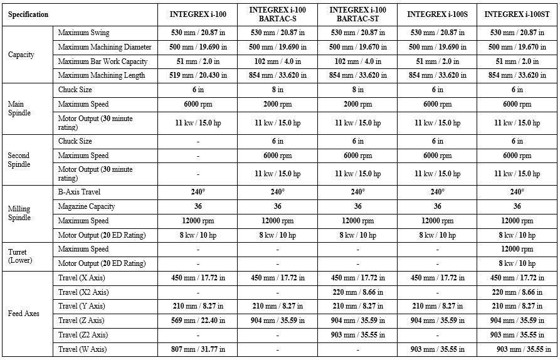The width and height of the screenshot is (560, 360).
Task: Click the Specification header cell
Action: click(x=28, y=14)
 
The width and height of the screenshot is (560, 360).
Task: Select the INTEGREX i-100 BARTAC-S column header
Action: click(x=278, y=14)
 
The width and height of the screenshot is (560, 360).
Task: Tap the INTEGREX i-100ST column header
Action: click(x=517, y=14)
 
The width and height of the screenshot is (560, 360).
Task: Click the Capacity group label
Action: click(x=21, y=55)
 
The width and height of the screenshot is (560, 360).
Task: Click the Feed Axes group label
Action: click(x=23, y=314)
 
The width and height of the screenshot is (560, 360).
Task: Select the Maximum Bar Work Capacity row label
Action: click(x=103, y=61)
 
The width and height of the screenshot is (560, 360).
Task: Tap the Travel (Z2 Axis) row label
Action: click(x=83, y=335)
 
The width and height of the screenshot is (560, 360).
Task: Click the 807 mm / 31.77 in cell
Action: click(x=198, y=349)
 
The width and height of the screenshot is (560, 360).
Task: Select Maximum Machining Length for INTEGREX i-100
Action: click(x=198, y=75)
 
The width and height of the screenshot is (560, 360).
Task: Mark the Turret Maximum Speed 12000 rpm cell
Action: click(x=517, y=249)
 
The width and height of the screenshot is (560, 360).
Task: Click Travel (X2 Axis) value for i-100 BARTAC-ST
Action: click(x=357, y=292)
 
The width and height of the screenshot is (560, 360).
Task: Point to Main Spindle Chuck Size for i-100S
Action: click(x=437, y=90)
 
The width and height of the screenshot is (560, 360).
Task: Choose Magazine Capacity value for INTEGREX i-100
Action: click(x=198, y=206)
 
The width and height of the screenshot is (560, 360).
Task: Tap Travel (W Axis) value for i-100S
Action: click(x=437, y=349)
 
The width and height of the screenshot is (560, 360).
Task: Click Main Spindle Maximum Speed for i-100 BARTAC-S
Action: click(x=278, y=104)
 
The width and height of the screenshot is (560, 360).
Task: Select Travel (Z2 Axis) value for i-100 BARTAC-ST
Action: click(x=357, y=335)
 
